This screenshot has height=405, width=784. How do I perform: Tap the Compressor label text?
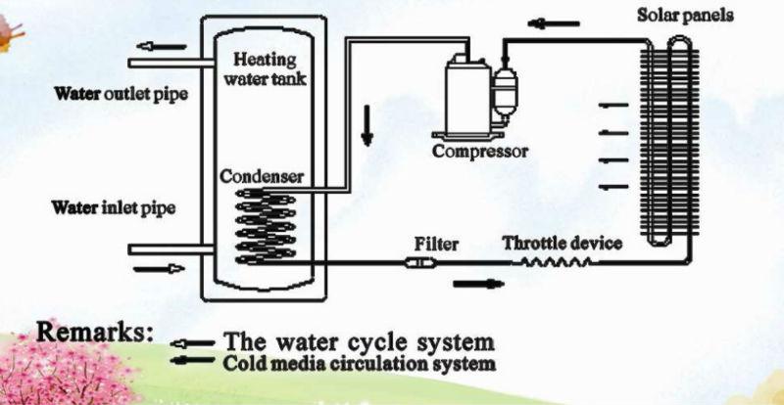tap(480, 152)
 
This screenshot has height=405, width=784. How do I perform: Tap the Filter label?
tap(436, 243)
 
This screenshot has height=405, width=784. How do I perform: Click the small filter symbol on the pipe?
tap(417, 262)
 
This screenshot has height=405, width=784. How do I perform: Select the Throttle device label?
tap(563, 243)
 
